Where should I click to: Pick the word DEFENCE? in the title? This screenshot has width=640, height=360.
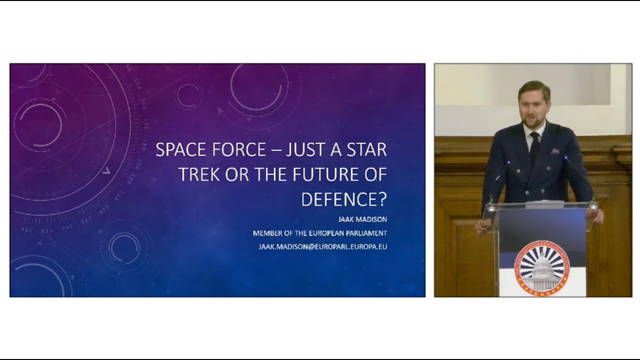point(344,199)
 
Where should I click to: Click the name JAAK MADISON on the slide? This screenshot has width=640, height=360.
point(362,219)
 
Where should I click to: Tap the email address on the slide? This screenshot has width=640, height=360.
point(322,246)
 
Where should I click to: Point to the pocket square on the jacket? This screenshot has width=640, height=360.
point(555,151)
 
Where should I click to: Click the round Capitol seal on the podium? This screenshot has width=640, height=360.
point(542,268)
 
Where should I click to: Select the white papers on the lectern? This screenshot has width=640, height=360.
point(545,204)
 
